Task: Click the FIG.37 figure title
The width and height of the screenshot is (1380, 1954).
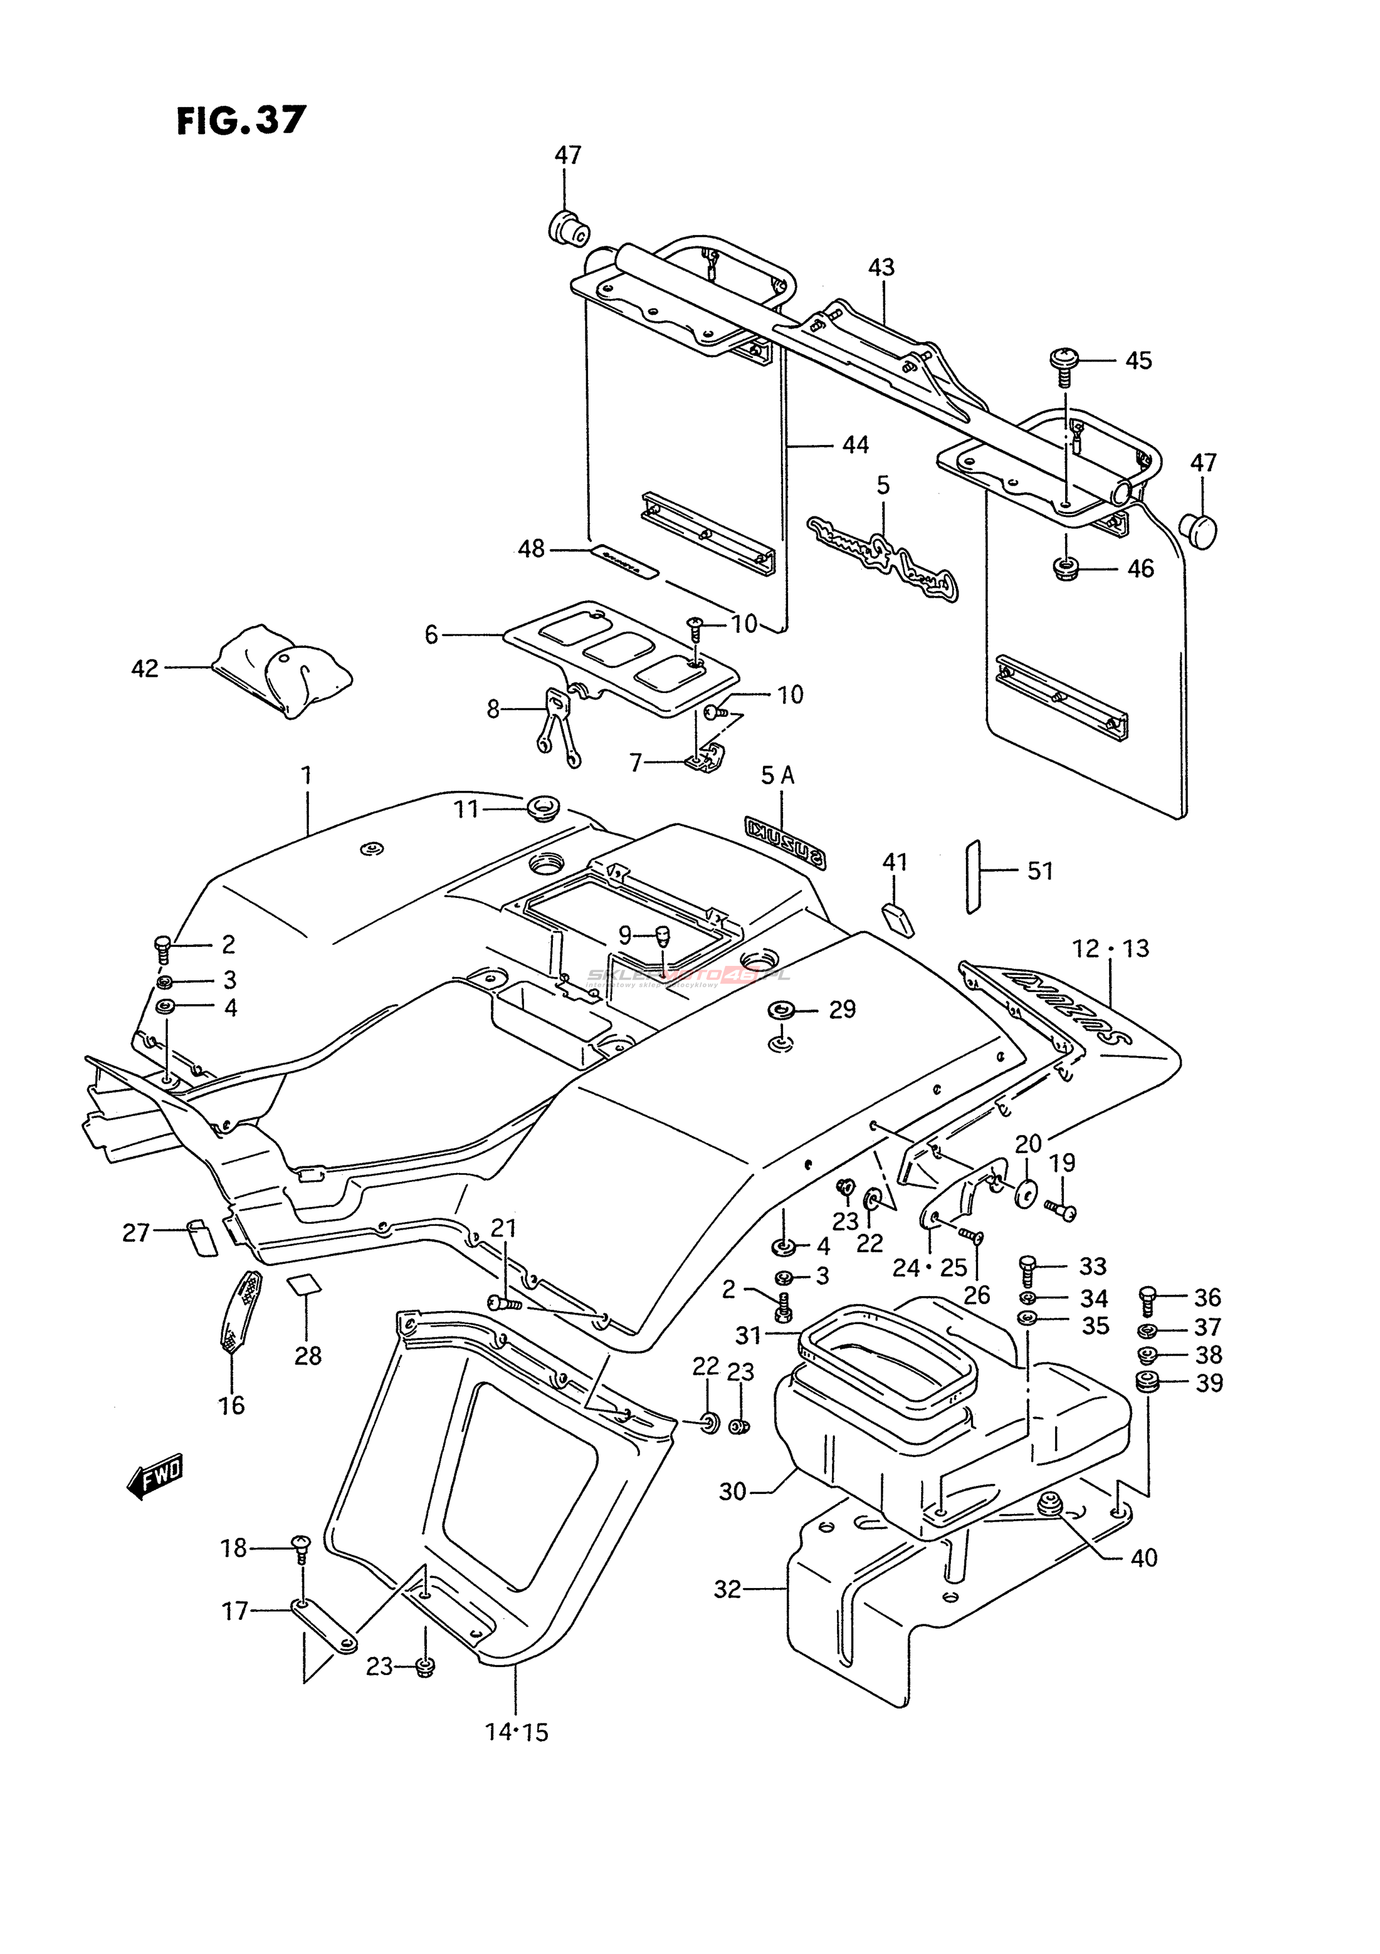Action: tap(240, 121)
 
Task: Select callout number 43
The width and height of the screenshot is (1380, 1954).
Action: tap(881, 267)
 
